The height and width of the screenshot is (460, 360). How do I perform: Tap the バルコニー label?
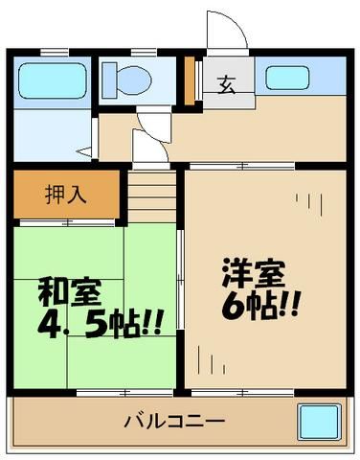tap(172, 421)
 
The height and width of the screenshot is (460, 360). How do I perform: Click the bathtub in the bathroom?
tap(52, 80)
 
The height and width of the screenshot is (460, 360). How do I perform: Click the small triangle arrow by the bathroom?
tap(84, 149)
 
